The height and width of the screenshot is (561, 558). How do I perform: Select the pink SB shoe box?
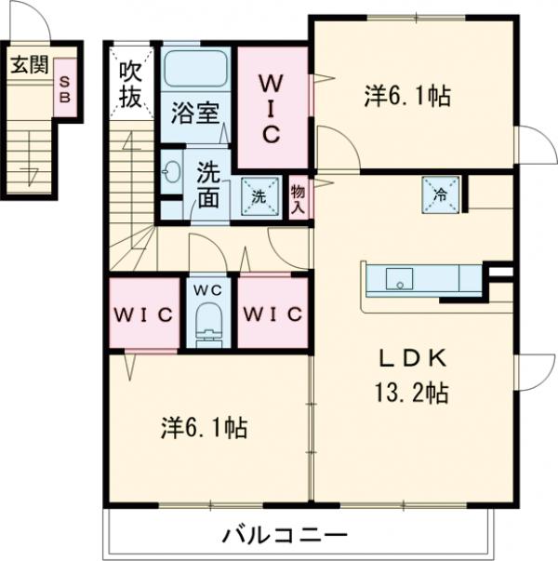pos(65,87)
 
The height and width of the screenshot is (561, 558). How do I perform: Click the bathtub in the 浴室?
pos(196,69)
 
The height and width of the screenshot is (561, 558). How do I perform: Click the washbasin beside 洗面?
pos(171,174)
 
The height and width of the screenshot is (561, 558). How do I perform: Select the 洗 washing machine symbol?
pos(259,196)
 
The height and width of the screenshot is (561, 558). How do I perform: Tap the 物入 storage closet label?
pos(298,198)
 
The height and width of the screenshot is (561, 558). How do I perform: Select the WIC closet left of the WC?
pos(144,314)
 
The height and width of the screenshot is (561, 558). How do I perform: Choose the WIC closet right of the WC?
pos(272,314)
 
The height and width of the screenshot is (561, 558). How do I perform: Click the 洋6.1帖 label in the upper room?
pos(407,95)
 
